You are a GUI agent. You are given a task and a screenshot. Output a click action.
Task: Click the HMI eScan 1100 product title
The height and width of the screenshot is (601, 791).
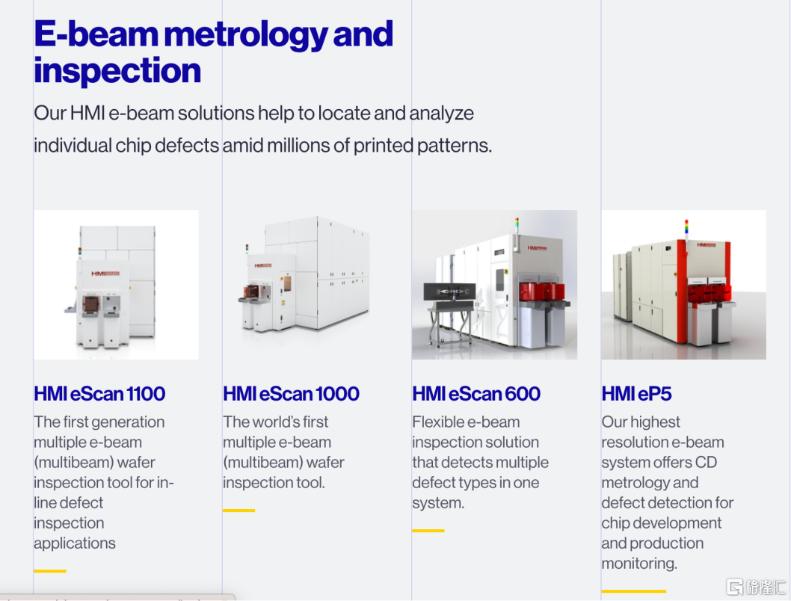tap(99, 394)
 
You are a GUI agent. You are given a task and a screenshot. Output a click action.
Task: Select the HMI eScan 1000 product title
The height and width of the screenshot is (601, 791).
tap(291, 394)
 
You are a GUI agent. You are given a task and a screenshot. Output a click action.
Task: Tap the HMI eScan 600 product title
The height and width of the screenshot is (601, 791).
tap(476, 394)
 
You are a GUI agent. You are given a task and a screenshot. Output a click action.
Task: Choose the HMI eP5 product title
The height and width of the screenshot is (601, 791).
tap(637, 394)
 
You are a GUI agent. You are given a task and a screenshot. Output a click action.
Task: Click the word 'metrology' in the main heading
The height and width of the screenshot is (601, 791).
tap(246, 35)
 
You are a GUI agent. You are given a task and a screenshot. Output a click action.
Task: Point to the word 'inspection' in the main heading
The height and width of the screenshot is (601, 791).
tap(117, 70)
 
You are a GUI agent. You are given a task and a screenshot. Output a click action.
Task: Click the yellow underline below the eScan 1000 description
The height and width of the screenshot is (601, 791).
tap(239, 511)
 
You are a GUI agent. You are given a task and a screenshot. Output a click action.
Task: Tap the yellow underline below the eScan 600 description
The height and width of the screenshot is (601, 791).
tap(428, 531)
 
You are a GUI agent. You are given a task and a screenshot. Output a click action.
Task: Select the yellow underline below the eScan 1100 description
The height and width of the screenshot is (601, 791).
tap(50, 571)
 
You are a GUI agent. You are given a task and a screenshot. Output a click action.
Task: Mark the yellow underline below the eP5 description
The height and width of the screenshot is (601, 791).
tap(633, 591)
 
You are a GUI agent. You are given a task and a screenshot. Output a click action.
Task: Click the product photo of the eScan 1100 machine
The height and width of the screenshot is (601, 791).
tap(116, 285)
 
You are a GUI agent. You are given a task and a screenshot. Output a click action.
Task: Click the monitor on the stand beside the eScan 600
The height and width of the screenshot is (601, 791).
tap(449, 292)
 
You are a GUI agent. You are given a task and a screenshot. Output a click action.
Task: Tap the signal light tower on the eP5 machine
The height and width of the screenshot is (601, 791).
tap(686, 229)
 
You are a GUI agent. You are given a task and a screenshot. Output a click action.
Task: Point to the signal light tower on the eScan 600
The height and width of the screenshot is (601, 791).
tap(517, 225)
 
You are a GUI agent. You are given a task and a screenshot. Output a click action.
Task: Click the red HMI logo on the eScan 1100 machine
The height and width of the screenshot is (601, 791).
tap(105, 274)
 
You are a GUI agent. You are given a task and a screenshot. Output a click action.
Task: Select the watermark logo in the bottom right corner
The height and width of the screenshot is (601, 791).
tap(756, 587)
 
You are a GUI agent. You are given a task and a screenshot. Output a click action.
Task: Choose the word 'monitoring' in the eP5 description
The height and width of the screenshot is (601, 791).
tap(639, 564)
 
